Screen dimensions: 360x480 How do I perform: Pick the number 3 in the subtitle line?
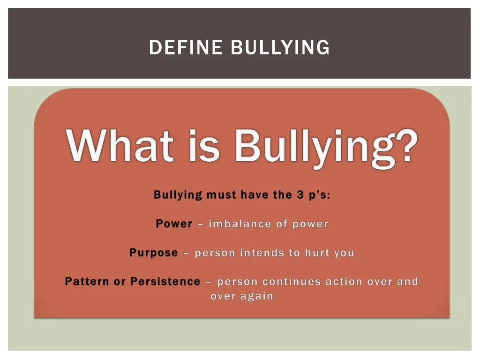click(300, 195)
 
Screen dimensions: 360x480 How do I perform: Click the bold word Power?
click(174, 224)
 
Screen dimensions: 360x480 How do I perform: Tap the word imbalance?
click(239, 224)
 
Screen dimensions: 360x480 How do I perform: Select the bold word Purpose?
click(154, 253)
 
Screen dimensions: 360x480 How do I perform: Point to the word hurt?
click(317, 253)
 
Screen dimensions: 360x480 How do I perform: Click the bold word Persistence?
click(165, 282)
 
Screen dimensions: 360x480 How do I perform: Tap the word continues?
click(291, 282)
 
